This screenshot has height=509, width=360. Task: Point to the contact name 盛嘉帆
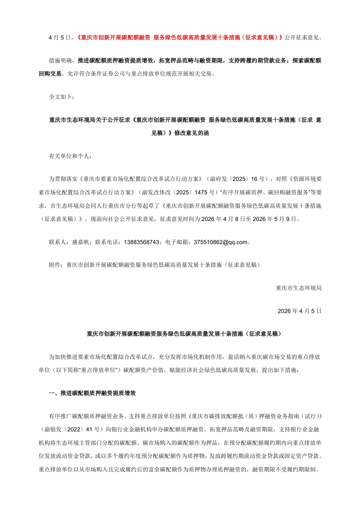(81, 242)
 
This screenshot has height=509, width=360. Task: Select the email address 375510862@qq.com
(220, 242)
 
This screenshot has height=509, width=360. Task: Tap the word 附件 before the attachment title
(55, 265)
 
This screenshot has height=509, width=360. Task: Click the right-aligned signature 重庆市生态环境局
(298, 288)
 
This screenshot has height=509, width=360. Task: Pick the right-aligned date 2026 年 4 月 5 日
(299, 311)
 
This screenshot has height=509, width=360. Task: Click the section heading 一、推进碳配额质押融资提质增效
(92, 393)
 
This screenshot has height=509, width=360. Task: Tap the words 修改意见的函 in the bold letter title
(192, 133)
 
